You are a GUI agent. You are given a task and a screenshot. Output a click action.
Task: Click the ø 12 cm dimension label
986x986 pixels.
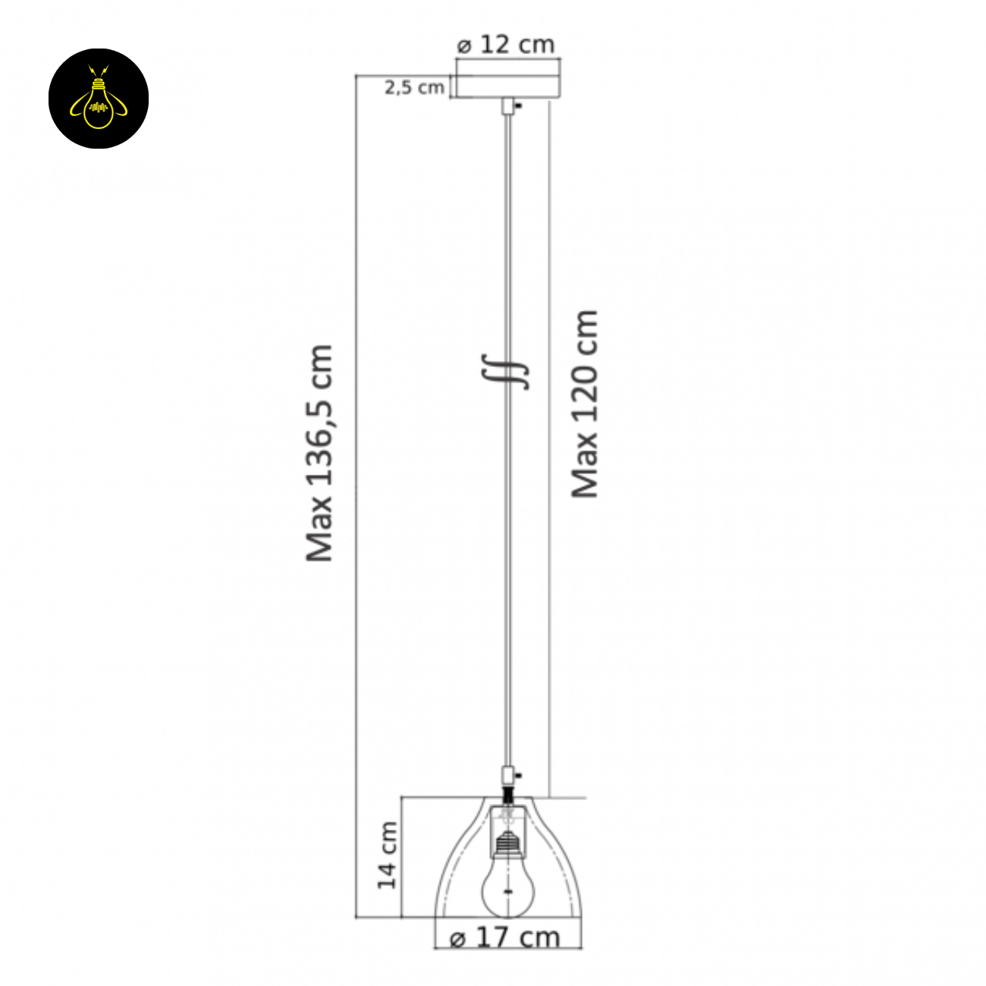point(506,45)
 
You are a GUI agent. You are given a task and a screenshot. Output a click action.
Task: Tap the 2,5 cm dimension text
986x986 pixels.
point(414,87)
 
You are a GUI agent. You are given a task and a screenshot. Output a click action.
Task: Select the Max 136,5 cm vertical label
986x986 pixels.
point(319,454)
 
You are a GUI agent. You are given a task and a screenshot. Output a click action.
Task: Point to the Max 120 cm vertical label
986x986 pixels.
point(584,404)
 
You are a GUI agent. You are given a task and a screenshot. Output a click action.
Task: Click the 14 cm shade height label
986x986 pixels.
point(388,855)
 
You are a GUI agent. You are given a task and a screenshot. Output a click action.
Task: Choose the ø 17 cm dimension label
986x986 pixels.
point(504,937)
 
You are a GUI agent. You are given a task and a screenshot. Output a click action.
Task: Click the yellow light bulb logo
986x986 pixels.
point(99,99)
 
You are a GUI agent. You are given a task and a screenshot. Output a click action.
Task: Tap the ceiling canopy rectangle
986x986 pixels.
point(508,86)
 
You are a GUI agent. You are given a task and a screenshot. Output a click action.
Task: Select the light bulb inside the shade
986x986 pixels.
point(507,886)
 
